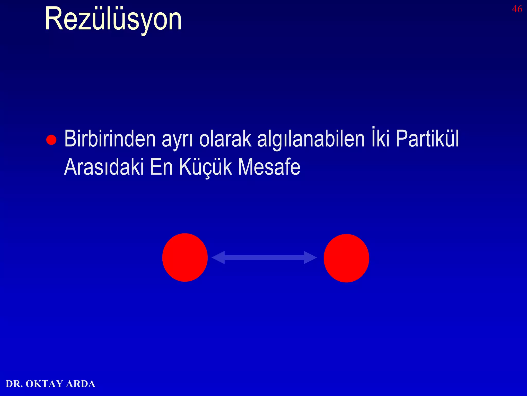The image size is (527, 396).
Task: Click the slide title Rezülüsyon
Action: tap(113, 20)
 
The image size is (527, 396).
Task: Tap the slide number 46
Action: tap(517, 9)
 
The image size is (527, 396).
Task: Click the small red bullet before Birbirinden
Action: tap(51, 140)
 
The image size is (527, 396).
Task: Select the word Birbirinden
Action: tap(110, 139)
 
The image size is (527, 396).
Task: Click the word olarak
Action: tap(225, 139)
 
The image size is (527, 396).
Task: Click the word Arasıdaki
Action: tap(104, 167)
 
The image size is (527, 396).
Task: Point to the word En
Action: tap(161, 167)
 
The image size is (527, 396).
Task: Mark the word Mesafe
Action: tap(269, 167)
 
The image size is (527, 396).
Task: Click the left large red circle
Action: tap(185, 257)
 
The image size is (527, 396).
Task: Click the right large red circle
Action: tap(346, 258)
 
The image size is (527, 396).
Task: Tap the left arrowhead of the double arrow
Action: tap(218, 257)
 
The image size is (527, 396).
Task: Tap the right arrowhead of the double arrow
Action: tap(310, 257)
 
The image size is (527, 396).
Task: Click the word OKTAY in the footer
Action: tap(44, 384)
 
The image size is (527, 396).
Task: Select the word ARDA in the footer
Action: tap(81, 384)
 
